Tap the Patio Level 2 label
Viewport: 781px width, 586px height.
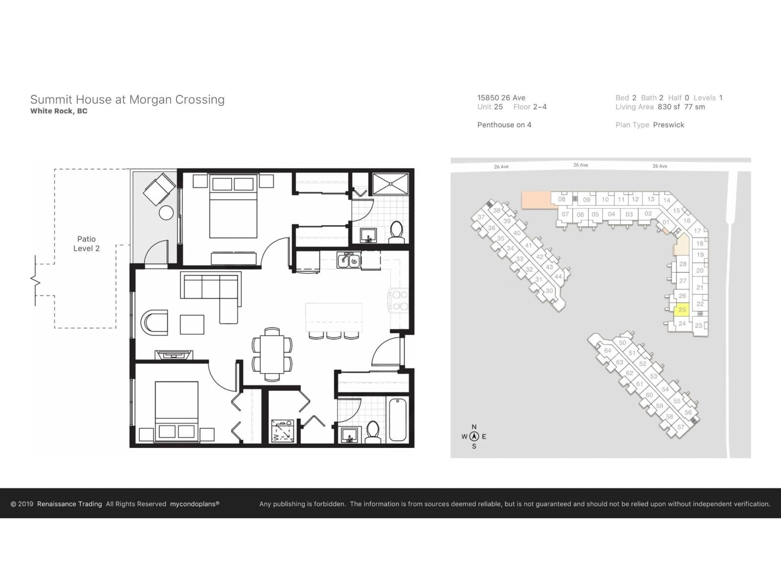pos(86,244)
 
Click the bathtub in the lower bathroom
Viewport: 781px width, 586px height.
pos(398,419)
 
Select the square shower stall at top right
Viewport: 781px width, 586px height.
pos(390,184)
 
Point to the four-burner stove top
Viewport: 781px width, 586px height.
pos(399,301)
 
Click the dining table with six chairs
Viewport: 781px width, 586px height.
pos(272,354)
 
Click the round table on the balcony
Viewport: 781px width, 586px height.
pos(166,213)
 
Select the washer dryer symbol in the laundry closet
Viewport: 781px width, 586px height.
pos(283,431)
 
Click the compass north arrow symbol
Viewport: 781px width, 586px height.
pos(474,437)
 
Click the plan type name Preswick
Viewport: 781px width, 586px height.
pos(668,125)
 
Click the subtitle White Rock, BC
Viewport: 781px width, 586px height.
pos(59,111)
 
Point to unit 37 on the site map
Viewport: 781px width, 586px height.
pos(481,217)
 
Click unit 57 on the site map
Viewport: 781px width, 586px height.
pos(680,427)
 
